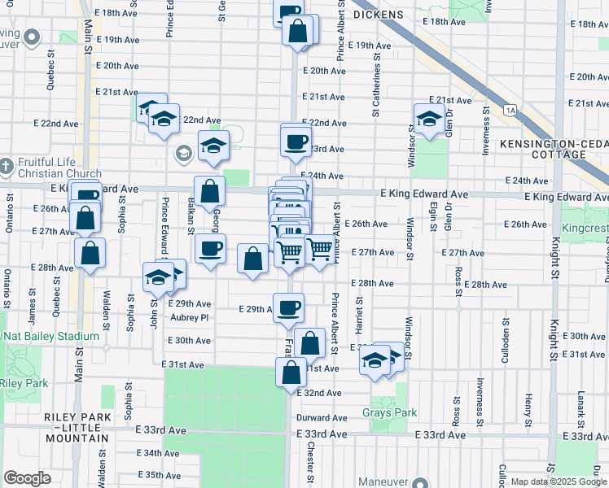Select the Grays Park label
(390, 412)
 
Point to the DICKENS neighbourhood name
(378, 15)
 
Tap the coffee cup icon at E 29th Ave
(288, 308)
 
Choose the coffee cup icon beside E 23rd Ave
(296, 142)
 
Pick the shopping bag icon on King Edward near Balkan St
(210, 192)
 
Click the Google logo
(27, 478)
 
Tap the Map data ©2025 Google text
(558, 481)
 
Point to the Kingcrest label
(585, 229)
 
